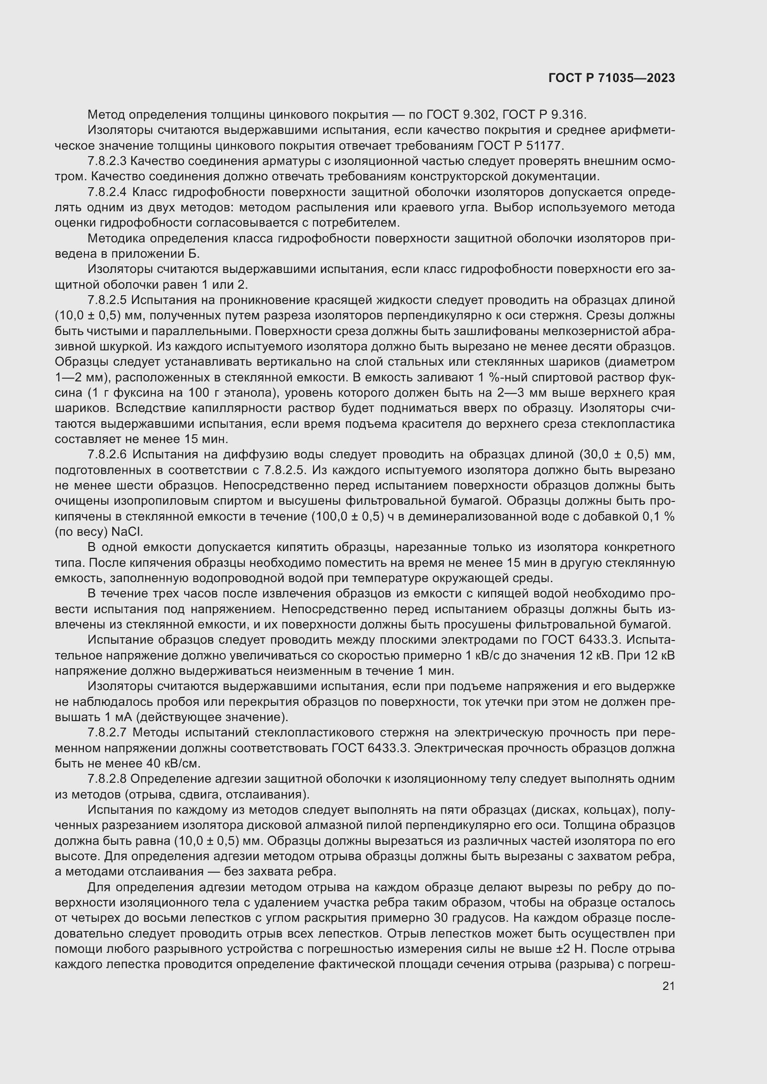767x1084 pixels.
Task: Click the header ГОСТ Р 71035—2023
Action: coord(612,78)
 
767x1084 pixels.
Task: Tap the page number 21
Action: coord(668,986)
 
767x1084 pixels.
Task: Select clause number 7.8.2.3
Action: coord(107,161)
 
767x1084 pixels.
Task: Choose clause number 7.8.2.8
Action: coord(107,779)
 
